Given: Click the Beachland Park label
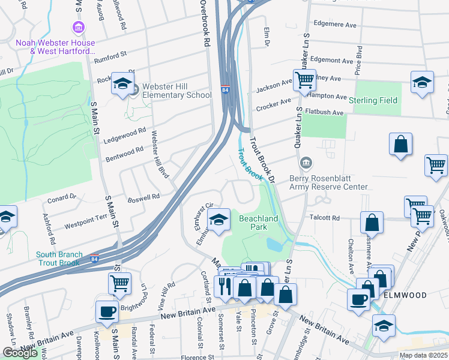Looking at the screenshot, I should click(258, 223).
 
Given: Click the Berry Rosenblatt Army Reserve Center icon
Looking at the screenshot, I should click(306, 163).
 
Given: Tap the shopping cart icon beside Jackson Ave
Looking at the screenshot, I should click(304, 79).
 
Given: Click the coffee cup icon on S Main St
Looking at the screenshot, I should click(107, 311).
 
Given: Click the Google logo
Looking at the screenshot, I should click(20, 353).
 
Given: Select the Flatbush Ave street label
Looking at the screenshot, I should click(324, 112).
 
